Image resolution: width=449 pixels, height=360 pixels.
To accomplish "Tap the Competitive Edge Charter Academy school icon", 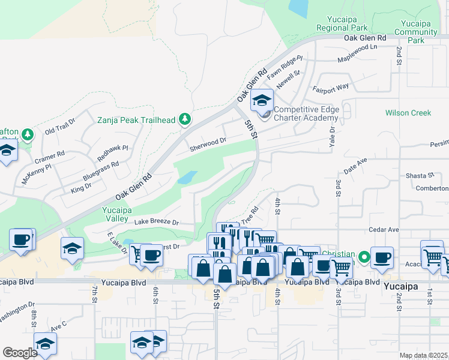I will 262,100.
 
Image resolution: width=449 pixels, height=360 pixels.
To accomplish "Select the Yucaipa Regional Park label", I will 342,23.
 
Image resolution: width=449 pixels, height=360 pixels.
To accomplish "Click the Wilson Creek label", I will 408,113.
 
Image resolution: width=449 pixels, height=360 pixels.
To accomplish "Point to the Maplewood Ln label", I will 357,47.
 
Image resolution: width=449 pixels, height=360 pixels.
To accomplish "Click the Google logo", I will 20,352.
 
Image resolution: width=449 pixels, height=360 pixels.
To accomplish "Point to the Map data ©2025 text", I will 423,355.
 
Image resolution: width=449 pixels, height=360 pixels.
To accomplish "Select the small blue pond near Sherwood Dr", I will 187,178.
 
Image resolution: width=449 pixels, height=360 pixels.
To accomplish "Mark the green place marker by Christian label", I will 364,259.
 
